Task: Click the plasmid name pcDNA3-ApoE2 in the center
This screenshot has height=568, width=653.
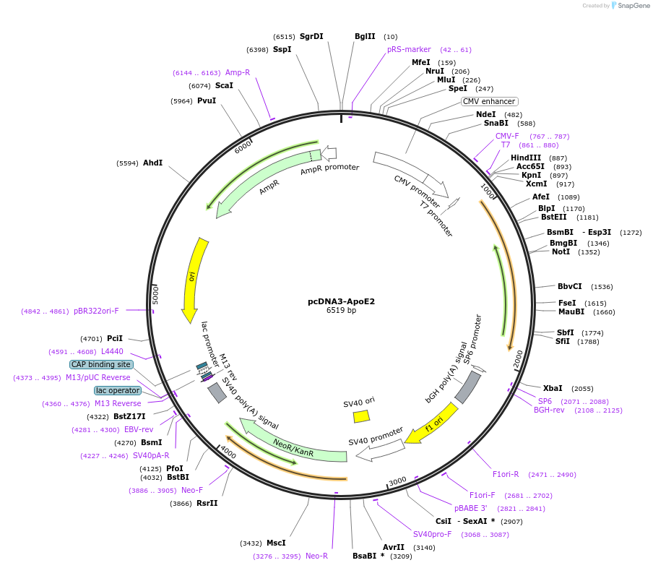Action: pyautogui.click(x=341, y=301)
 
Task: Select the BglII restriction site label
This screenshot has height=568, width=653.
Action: pyautogui.click(x=365, y=36)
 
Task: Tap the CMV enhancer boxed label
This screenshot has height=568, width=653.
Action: pyautogui.click(x=490, y=101)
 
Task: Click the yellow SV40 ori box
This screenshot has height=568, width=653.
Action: pyautogui.click(x=361, y=416)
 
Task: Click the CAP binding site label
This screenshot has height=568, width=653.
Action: pyautogui.click(x=101, y=364)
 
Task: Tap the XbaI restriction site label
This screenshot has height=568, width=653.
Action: pyautogui.click(x=553, y=388)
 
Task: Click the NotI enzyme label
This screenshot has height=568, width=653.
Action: pyautogui.click(x=561, y=251)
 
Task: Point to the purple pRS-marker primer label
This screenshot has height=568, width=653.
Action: pyautogui.click(x=409, y=49)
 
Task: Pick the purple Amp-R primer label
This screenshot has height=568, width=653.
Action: pyautogui.click(x=238, y=72)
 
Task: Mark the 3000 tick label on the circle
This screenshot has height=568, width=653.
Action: pyautogui.click(x=397, y=481)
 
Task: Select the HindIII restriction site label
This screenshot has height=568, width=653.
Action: pyautogui.click(x=526, y=158)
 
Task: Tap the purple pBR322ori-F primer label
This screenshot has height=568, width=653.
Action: pyautogui.click(x=96, y=311)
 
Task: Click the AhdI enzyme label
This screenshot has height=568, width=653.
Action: pyautogui.click(x=152, y=163)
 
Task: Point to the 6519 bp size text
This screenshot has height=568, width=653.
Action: pyautogui.click(x=341, y=311)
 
